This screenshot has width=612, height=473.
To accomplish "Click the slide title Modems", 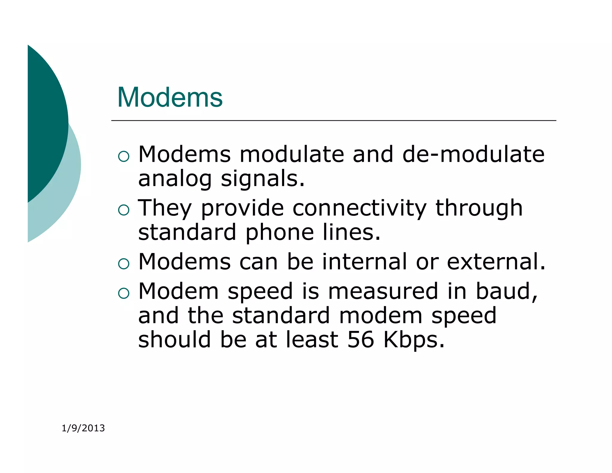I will tap(170, 97).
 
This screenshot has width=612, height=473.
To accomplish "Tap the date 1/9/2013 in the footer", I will tap(83, 428).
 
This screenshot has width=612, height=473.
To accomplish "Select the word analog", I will tap(175, 179).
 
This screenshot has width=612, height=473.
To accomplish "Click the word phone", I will tap(279, 232).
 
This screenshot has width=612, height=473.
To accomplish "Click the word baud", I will tap(506, 291).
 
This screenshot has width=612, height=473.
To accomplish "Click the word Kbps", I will tap(414, 340).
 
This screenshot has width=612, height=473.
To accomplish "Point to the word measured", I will tap(383, 291).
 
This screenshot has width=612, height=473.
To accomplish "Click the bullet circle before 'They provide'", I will tap(124, 210).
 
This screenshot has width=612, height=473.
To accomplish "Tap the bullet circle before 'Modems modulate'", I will tap(124, 156).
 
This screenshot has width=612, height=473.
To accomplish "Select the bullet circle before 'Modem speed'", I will tap(124, 293).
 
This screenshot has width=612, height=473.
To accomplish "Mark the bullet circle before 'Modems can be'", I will tap(124, 263).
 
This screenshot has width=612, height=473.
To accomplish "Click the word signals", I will tap(263, 179).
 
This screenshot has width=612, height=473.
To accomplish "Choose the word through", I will tap(479, 208).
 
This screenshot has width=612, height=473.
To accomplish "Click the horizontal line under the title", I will tap(333, 120).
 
